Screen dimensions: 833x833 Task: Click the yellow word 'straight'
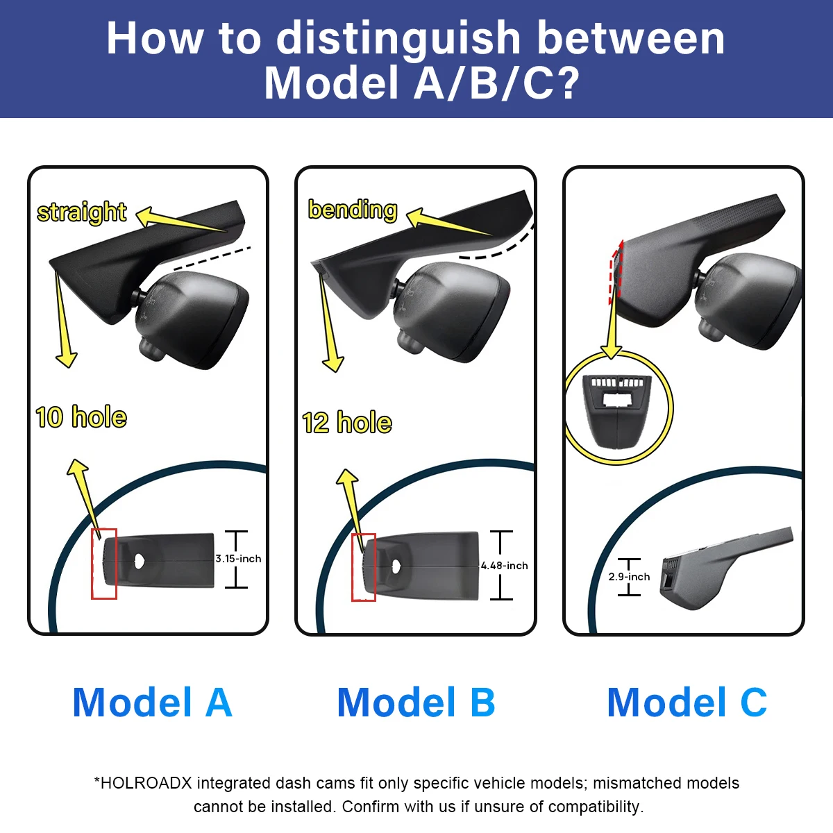[82, 212]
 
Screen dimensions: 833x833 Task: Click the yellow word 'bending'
[353, 210]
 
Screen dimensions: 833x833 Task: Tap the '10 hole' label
[81, 417]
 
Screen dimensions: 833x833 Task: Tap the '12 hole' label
[347, 422]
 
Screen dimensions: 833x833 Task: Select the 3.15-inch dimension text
[238, 559]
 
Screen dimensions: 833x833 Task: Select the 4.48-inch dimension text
[505, 566]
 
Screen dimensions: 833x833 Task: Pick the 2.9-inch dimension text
[629, 577]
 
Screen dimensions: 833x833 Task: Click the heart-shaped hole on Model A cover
[140, 561]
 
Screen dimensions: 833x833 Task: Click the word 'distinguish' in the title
[398, 38]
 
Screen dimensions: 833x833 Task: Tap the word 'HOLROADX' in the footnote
[146, 783]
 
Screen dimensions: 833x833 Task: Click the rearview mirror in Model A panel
[192, 320]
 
